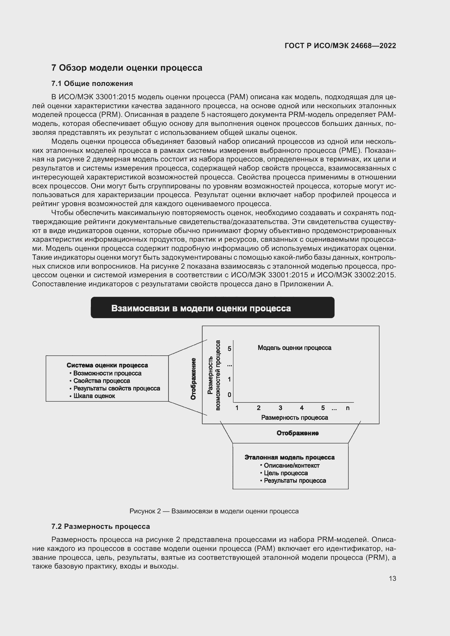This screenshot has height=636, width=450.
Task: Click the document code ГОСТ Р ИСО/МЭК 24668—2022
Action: pos(340,46)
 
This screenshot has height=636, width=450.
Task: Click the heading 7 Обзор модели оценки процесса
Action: pos(127,68)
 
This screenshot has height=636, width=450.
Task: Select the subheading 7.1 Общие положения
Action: pos(92,84)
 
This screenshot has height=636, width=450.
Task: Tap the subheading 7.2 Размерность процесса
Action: pos(100,526)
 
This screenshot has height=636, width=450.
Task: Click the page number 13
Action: pos(392,578)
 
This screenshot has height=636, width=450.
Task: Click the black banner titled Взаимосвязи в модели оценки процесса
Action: pos(212,308)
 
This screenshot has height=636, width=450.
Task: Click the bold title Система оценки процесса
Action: pos(107,365)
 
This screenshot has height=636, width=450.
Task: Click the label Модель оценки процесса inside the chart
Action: pos(294,348)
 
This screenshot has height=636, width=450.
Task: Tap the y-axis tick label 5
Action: pos(229,349)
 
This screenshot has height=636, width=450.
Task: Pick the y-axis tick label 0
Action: pos(229,395)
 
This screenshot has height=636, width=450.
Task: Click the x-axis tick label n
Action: pos(348,408)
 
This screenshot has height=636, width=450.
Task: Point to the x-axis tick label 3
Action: pos(281,408)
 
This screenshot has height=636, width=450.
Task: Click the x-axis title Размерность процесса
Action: pos(294,418)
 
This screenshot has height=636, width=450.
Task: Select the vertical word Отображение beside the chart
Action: pos(193,379)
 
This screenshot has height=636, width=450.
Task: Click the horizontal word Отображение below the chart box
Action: pos(298,433)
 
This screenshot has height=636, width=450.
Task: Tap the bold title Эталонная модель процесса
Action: pos(289,457)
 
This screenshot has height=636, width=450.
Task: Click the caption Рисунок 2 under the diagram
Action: pos(214,511)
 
